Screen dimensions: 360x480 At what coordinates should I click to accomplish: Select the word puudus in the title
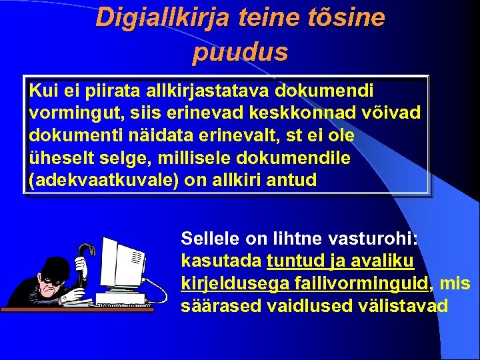click(x=240, y=51)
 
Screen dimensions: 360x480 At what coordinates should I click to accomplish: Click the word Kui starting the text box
click(x=42, y=90)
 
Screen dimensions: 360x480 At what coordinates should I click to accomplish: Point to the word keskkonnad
click(x=297, y=113)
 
